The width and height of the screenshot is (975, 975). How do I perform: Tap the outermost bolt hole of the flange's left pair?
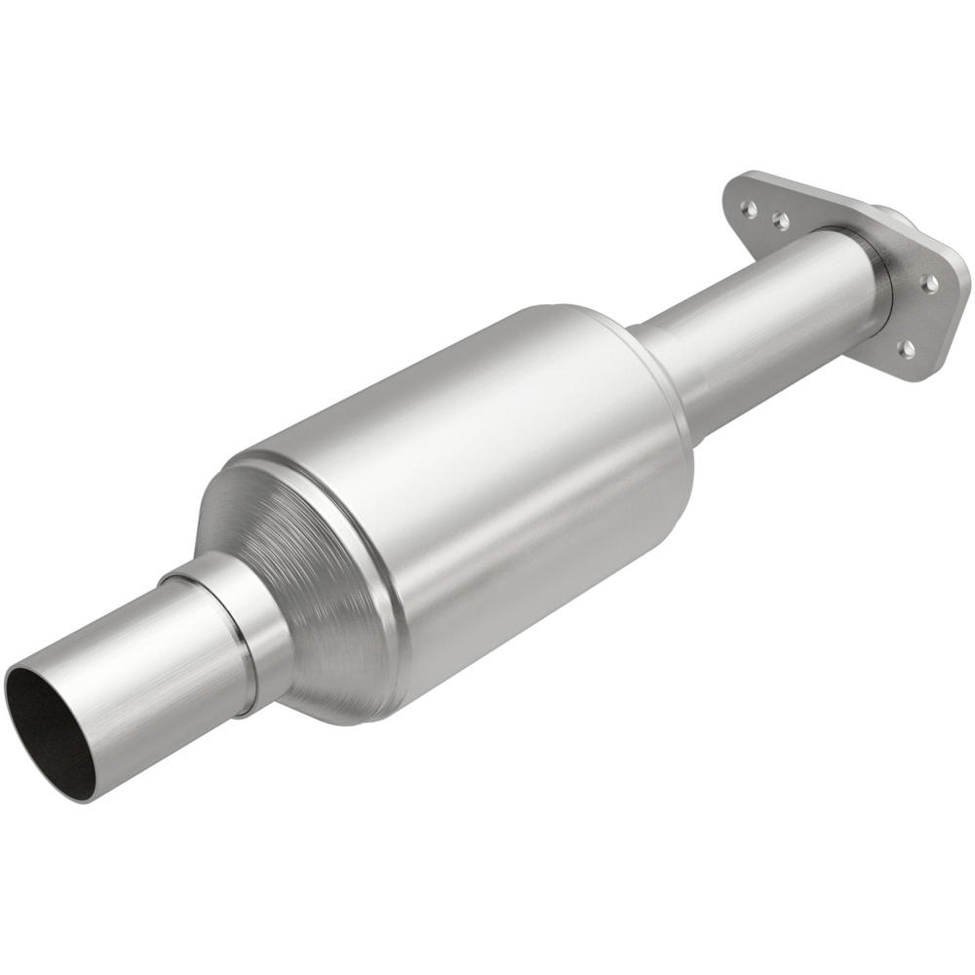[747, 208]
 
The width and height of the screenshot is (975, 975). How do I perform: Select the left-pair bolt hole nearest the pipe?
[780, 221]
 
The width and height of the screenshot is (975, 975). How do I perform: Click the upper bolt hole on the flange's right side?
[929, 283]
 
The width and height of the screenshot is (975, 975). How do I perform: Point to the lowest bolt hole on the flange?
[906, 347]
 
